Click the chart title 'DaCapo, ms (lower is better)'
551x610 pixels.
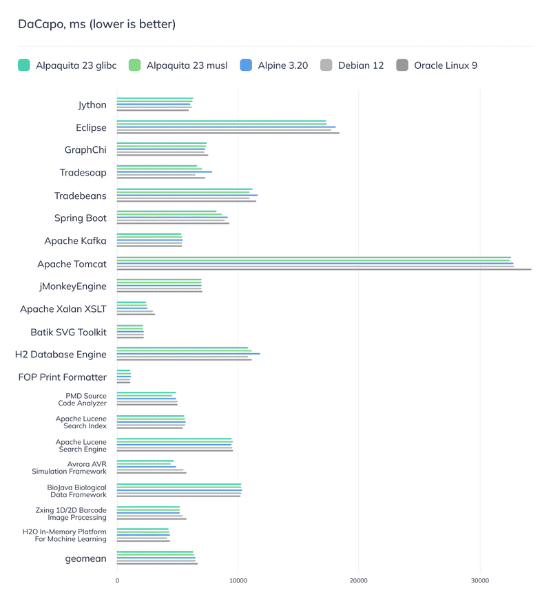tap(96, 25)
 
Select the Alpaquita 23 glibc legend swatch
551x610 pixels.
tap(23, 65)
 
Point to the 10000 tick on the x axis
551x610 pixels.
tap(238, 581)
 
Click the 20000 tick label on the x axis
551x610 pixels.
tap(358, 581)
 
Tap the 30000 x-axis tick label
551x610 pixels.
tap(479, 581)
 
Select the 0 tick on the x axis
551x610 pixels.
tap(117, 581)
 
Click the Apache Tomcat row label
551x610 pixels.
tap(72, 264)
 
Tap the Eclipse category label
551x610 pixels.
tap(91, 127)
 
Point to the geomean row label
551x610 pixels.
tap(86, 558)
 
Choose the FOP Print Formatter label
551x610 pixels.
tap(63, 377)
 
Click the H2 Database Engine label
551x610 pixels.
tap(61, 354)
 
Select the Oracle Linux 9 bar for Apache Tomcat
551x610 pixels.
tap(324, 269)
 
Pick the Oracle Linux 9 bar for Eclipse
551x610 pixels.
tap(228, 133)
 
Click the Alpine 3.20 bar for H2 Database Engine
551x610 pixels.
tap(188, 354)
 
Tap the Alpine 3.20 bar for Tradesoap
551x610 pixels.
tap(164, 172)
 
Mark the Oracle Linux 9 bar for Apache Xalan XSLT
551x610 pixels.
tap(136, 314)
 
